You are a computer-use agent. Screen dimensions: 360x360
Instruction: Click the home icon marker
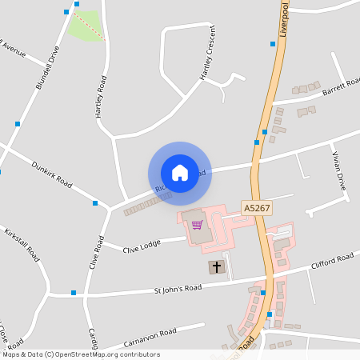coord(180,172)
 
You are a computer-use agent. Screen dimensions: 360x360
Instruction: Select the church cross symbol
coord(217,266)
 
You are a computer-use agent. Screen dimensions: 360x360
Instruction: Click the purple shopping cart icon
coord(197,225)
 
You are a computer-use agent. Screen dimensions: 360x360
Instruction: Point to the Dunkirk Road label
coord(51,174)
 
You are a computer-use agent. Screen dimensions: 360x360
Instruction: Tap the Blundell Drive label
coord(48,68)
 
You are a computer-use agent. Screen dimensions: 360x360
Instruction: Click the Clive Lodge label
coord(120,249)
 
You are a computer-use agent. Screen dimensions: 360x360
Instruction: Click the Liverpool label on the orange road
coord(284,18)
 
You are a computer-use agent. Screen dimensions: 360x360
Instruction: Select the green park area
coord(86,25)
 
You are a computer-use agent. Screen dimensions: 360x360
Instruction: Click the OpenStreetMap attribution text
coord(82,354)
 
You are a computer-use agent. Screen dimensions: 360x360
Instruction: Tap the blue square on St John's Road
coord(74,293)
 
